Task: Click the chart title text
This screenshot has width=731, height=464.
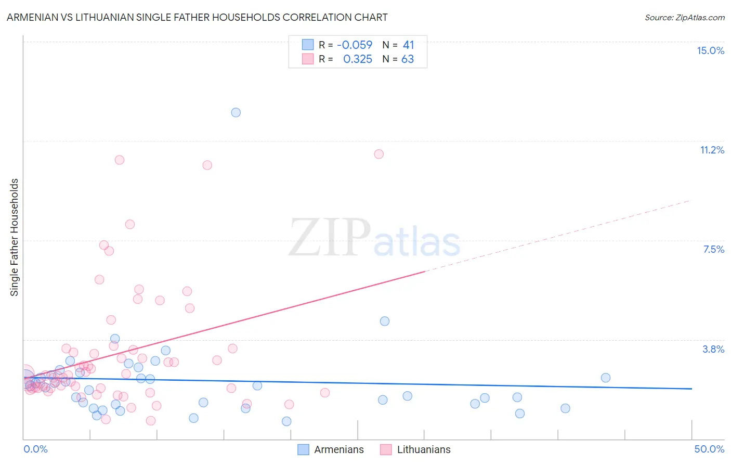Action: [x=197, y=17]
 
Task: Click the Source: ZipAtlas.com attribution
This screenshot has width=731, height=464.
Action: [x=684, y=17]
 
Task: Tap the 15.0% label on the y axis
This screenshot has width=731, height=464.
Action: [x=710, y=50]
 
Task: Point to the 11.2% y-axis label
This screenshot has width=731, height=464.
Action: [x=712, y=150]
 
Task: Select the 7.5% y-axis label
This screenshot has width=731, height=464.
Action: [x=713, y=249]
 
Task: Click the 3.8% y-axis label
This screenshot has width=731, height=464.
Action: [x=713, y=349]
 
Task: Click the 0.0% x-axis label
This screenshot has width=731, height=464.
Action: [x=35, y=449]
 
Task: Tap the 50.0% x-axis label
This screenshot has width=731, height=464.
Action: [x=709, y=449]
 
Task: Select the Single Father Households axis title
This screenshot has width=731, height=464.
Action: [x=15, y=237]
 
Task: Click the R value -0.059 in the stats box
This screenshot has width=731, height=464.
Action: [x=355, y=45]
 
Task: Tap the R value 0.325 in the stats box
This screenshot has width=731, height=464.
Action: [x=358, y=59]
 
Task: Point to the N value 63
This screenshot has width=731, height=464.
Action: [x=408, y=59]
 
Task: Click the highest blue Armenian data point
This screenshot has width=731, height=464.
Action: [x=236, y=112]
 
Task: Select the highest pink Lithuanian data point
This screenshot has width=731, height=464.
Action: [x=379, y=154]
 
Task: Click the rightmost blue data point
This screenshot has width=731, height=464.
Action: [x=606, y=378]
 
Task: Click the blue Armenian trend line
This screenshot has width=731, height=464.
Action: [x=364, y=383]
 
